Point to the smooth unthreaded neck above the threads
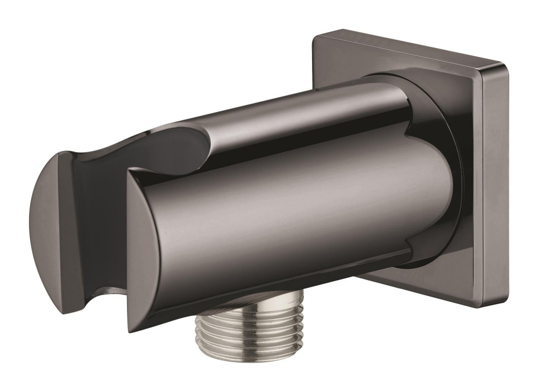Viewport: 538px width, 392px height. (248, 302)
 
